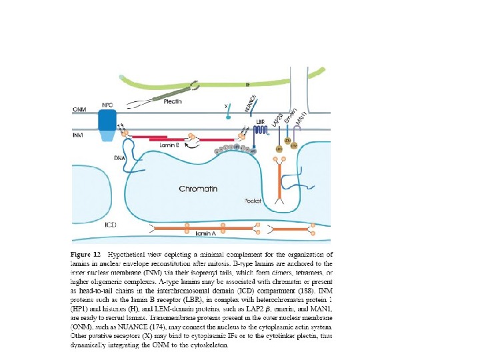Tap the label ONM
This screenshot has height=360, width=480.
(x=79, y=109)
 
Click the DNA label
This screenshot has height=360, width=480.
(x=118, y=157)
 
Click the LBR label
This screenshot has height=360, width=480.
(x=261, y=123)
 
